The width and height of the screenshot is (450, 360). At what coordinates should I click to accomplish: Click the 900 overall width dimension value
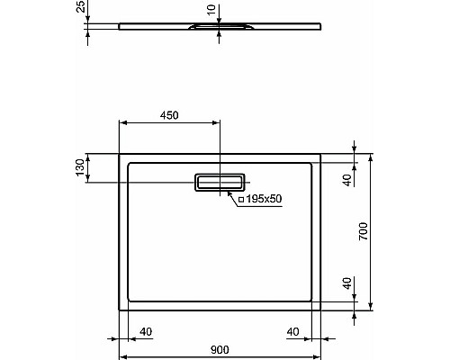pyautogui.click(x=219, y=349)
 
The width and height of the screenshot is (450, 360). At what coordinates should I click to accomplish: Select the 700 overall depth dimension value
pyautogui.click(x=364, y=231)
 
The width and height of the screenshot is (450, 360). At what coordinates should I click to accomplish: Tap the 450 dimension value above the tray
pyautogui.click(x=169, y=114)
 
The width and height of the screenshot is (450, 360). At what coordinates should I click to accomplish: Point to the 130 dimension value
pyautogui.click(x=80, y=167)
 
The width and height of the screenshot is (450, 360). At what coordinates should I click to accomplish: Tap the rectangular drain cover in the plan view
pyautogui.click(x=219, y=183)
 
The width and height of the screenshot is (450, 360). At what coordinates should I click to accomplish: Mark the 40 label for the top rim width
pyautogui.click(x=346, y=178)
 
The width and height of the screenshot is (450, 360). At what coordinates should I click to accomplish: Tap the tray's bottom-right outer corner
pyautogui.click(x=321, y=310)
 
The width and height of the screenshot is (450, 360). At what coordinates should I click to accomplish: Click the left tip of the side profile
pyautogui.click(x=120, y=26)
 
